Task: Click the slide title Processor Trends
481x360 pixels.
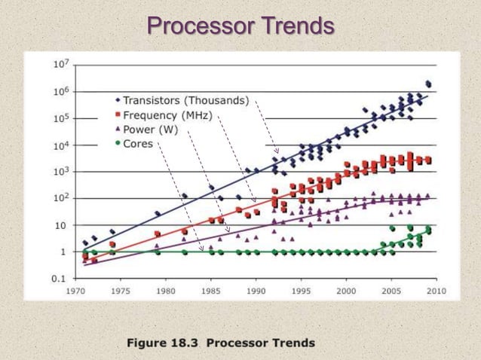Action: [x=240, y=26]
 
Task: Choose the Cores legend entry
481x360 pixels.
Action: [x=138, y=143]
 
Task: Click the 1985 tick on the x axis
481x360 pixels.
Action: [x=211, y=289]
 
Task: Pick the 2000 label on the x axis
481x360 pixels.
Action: [x=346, y=289]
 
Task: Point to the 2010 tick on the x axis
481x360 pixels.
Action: [x=436, y=289]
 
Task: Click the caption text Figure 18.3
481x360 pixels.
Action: [x=161, y=343]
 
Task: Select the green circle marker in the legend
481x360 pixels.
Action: [x=118, y=143]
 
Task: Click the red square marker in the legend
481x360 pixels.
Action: [x=118, y=115]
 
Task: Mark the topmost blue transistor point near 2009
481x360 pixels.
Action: [x=428, y=83]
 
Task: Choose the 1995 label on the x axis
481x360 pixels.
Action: [x=301, y=289]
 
